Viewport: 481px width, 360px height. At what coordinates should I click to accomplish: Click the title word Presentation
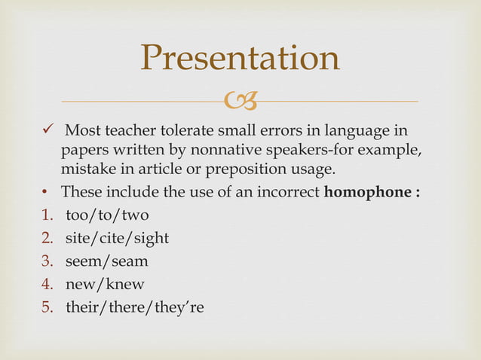click(x=240, y=59)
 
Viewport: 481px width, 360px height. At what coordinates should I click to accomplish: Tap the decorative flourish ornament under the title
click(x=240, y=101)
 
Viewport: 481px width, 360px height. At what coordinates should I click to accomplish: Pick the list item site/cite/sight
click(x=117, y=238)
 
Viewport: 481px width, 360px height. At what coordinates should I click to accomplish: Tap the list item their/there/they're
click(x=135, y=308)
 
